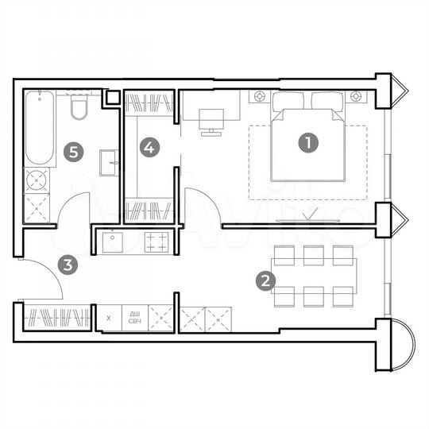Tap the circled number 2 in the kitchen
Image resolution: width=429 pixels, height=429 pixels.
(266, 280)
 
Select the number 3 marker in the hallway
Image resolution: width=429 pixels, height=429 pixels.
(70, 265)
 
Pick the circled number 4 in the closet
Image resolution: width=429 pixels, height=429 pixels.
(149, 146)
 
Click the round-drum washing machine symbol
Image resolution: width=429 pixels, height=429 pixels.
(37, 180)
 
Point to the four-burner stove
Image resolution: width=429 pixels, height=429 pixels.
(157, 241)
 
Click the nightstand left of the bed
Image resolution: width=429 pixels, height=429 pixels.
(259, 97)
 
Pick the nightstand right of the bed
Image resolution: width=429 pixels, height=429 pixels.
(357, 97)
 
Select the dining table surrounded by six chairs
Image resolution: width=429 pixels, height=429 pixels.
(313, 275)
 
